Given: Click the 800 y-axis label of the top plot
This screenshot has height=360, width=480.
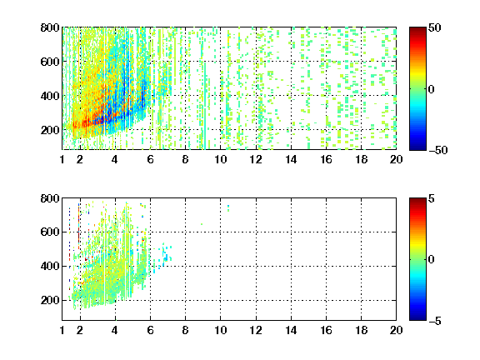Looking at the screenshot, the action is point(50,27).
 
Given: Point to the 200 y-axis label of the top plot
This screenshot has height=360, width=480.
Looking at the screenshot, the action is point(50,130).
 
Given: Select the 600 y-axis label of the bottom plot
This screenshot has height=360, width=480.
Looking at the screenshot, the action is point(50,232).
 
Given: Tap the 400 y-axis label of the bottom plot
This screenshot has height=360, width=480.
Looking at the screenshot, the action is point(50,266).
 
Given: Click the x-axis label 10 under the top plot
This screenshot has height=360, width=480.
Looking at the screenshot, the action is point(220,159).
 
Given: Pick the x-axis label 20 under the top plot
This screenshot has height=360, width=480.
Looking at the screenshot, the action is point(396,159).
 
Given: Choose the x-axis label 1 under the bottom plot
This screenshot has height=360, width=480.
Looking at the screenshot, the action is point(62,330).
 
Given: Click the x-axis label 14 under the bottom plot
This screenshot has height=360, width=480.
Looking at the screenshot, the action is point(291,330).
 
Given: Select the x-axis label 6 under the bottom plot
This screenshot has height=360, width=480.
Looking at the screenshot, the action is point(150,330).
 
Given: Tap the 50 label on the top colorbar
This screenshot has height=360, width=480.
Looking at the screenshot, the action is point(435,27).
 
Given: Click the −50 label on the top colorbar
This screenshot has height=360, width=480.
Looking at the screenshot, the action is point(438,150).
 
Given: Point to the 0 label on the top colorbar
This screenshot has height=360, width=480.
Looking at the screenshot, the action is point(432,89).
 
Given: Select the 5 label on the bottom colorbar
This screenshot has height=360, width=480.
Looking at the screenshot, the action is point(432,198).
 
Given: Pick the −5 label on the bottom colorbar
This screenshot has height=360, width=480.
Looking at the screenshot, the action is point(435,321).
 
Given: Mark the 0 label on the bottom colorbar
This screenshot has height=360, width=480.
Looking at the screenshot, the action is point(432,260).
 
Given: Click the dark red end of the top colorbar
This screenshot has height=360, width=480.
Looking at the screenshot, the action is point(417,29).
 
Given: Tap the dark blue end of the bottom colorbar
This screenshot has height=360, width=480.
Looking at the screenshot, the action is point(417,318).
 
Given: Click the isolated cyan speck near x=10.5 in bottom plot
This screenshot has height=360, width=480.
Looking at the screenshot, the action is point(228,207).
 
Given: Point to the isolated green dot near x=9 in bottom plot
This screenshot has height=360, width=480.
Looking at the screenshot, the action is point(202,224).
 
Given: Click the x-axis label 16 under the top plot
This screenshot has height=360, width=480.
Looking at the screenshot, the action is point(326,159).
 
